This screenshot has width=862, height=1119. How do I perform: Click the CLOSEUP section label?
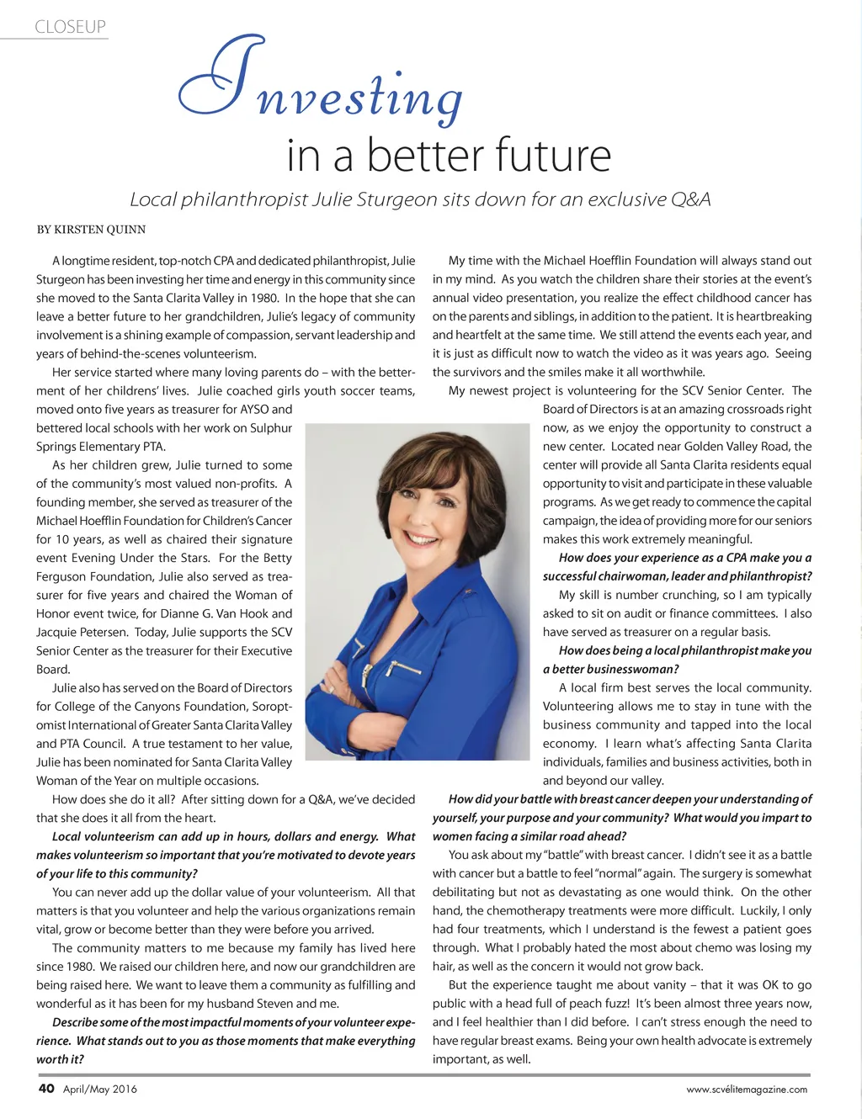point(71,27)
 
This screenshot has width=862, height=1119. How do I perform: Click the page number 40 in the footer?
point(46,1088)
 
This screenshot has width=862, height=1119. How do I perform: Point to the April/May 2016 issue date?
point(100,1089)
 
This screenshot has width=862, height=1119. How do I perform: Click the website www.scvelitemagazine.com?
point(747,1090)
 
